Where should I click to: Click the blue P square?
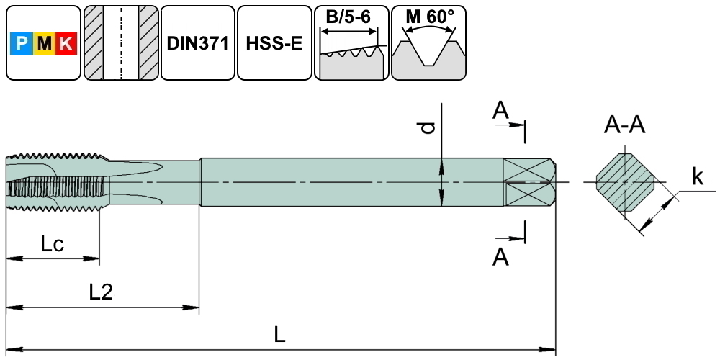click(22, 45)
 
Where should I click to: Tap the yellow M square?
click(44, 45)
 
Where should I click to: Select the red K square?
click(66, 45)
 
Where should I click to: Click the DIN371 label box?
click(197, 43)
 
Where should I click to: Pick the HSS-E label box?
click(274, 43)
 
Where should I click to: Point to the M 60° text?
click(429, 16)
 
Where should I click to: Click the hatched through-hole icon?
click(120, 43)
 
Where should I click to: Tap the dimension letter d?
click(428, 127)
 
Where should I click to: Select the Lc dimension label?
click(52, 244)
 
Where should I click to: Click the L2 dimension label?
click(101, 292)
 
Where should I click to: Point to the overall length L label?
click(280, 334)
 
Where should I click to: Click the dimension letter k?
click(697, 176)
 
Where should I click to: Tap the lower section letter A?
click(500, 256)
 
